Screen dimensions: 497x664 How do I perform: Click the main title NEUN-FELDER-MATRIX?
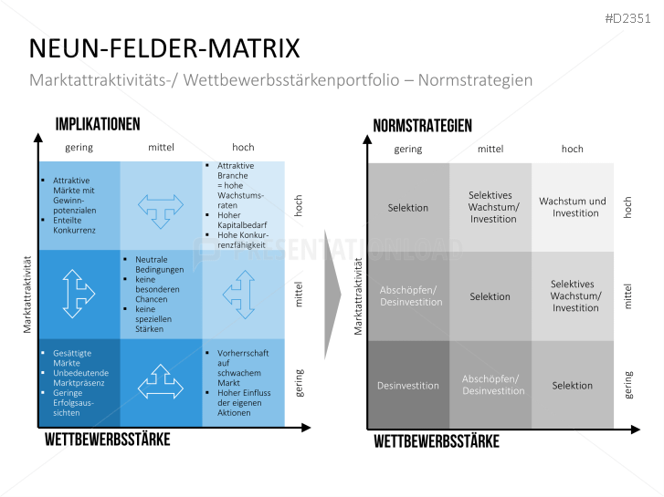pyautogui.click(x=164, y=48)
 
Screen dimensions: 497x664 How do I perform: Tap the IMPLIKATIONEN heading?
pyautogui.click(x=98, y=125)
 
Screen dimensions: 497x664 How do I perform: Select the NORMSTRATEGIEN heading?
pyautogui.click(x=423, y=126)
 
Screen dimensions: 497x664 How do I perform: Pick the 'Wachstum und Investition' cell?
pyautogui.click(x=573, y=207)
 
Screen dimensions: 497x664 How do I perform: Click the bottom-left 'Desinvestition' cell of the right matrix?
pyautogui.click(x=407, y=386)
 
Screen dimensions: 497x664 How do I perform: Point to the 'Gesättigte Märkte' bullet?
pyautogui.click(x=73, y=357)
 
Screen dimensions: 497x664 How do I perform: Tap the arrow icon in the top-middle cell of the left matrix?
pyautogui.click(x=161, y=207)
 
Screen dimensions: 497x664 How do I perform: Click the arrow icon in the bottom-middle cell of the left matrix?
pyautogui.click(x=161, y=380)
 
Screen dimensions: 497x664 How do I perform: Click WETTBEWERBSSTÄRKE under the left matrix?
pyautogui.click(x=107, y=440)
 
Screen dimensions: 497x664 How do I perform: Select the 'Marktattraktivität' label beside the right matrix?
pyautogui.click(x=358, y=295)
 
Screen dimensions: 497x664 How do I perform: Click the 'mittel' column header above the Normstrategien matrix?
pyautogui.click(x=490, y=149)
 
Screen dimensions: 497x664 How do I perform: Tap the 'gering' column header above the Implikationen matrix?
pyautogui.click(x=79, y=147)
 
